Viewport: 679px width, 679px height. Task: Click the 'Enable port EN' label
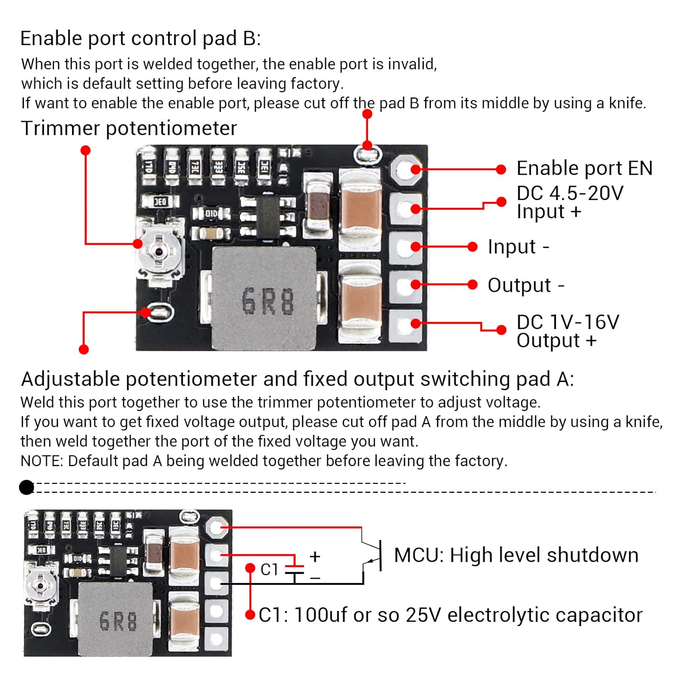click(x=584, y=168)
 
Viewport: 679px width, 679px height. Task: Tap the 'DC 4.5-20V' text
click(x=569, y=193)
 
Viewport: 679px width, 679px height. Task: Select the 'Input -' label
click(x=518, y=247)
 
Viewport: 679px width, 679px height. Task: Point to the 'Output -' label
click(x=526, y=285)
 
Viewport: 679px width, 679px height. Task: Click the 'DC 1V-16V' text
click(x=568, y=322)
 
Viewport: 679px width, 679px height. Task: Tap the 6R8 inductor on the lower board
click(x=116, y=619)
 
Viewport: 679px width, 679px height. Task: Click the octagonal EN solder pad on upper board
click(x=406, y=170)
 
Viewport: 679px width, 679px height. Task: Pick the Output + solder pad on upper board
click(x=405, y=324)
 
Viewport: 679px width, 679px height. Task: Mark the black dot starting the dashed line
click(x=27, y=488)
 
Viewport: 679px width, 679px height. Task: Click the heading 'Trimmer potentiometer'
click(x=129, y=129)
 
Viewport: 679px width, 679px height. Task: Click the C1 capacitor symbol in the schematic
click(x=295, y=569)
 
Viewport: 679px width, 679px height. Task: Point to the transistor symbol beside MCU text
click(x=374, y=555)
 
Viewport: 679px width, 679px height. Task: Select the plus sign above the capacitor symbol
click(x=315, y=556)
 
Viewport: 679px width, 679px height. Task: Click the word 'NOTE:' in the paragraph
click(x=42, y=461)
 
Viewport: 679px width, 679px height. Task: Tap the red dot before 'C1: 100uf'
click(x=250, y=615)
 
